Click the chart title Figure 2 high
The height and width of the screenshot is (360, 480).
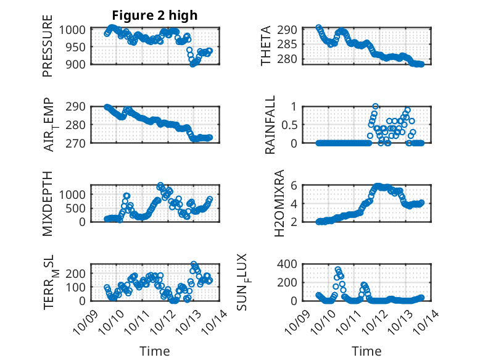(x=154, y=15)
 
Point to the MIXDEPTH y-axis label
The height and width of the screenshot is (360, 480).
(x=48, y=203)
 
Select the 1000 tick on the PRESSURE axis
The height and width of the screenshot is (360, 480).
(x=75, y=30)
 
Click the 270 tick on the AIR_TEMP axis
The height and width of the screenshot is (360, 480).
(x=78, y=143)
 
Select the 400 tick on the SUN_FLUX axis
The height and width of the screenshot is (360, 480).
(x=291, y=264)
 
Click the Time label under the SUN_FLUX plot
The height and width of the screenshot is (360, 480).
(x=366, y=351)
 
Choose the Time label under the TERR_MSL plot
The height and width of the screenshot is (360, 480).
(x=154, y=351)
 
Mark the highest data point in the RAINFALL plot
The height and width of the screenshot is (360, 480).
(x=375, y=106)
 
